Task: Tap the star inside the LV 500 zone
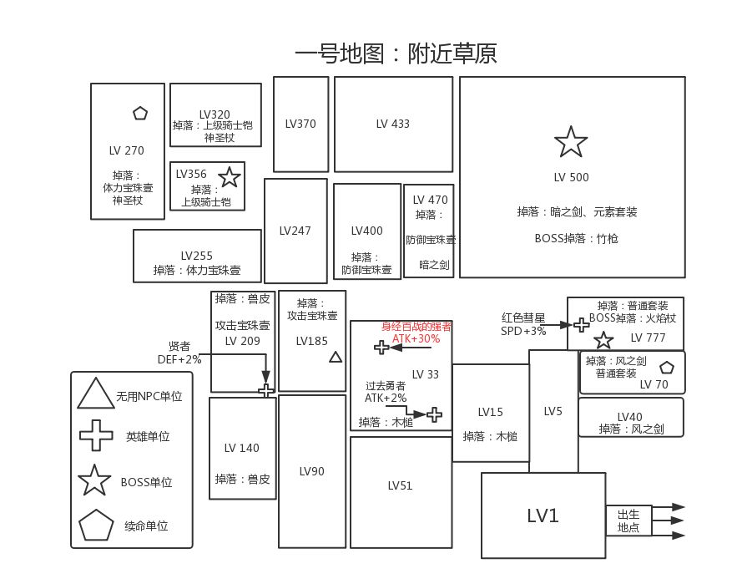pyautogui.click(x=571, y=143)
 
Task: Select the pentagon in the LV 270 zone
pyautogui.click(x=139, y=113)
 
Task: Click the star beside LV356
pyautogui.click(x=229, y=177)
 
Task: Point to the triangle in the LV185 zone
pyautogui.click(x=336, y=358)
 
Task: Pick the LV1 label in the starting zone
pyautogui.click(x=543, y=515)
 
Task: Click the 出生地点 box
pyautogui.click(x=628, y=521)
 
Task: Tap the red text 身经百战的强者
pyautogui.click(x=416, y=327)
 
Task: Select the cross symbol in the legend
pyautogui.click(x=95, y=435)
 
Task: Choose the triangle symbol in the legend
pyautogui.click(x=95, y=394)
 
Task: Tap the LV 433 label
pyautogui.click(x=392, y=124)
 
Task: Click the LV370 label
pyautogui.click(x=300, y=124)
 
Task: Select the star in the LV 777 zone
pyautogui.click(x=603, y=340)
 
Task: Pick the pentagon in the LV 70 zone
pyautogui.click(x=666, y=368)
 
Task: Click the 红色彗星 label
pyautogui.click(x=523, y=318)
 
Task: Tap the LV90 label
pyautogui.click(x=311, y=471)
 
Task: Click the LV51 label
pyautogui.click(x=401, y=485)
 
